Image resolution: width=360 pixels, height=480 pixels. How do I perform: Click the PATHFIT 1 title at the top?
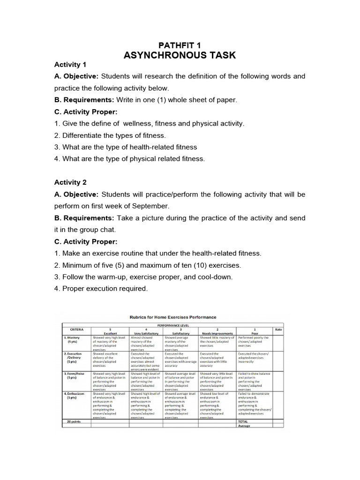coord(180,45)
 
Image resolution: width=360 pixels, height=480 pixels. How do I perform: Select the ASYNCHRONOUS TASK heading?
coord(180,56)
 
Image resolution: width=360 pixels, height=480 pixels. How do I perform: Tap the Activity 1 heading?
coord(70,64)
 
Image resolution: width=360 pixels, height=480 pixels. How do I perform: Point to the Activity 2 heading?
coord(70,182)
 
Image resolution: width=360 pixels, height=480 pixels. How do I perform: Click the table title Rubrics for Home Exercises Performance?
coord(173,317)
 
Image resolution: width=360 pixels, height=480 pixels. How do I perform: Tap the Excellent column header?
coord(110,333)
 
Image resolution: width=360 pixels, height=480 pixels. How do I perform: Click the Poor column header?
coord(254,333)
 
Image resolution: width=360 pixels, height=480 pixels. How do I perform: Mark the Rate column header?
coord(278,329)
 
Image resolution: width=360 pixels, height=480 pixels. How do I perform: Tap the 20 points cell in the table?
coord(73,421)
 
